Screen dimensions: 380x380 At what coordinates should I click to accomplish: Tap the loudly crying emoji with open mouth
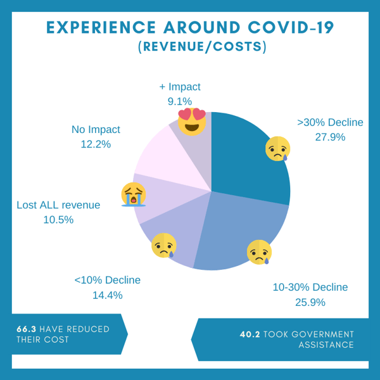[x=134, y=195]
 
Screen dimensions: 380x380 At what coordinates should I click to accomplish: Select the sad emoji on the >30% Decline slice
[x=277, y=149]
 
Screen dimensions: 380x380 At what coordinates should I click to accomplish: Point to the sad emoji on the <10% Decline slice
[x=164, y=245]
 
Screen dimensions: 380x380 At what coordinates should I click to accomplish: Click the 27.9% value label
[x=330, y=137]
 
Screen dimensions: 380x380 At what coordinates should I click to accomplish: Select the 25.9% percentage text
[x=310, y=302]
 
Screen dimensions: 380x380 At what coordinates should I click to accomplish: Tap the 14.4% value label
[x=107, y=294]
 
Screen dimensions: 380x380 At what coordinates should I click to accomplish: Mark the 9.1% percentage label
[x=180, y=101]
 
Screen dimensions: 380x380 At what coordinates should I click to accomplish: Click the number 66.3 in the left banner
[x=27, y=329]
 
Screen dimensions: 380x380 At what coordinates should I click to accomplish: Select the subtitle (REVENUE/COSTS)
[x=202, y=48]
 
